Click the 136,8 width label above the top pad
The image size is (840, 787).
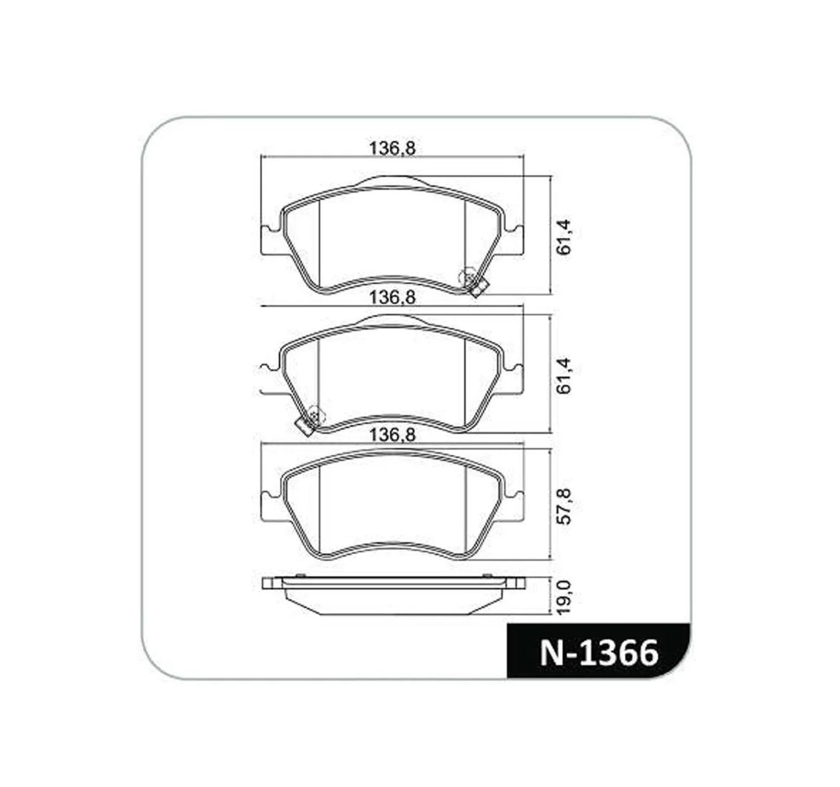[x=392, y=149]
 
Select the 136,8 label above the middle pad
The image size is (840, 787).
[x=392, y=298]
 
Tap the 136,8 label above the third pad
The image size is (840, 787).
[x=392, y=435]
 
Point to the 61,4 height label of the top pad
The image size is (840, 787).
[x=563, y=237]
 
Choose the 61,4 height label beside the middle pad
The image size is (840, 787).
[x=563, y=376]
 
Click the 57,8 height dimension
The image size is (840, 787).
[x=563, y=507]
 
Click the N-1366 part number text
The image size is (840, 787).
[x=599, y=652]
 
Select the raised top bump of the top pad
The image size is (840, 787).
[x=392, y=180]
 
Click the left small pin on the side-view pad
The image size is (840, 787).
[x=300, y=576]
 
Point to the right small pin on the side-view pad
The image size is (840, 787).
[x=487, y=576]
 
